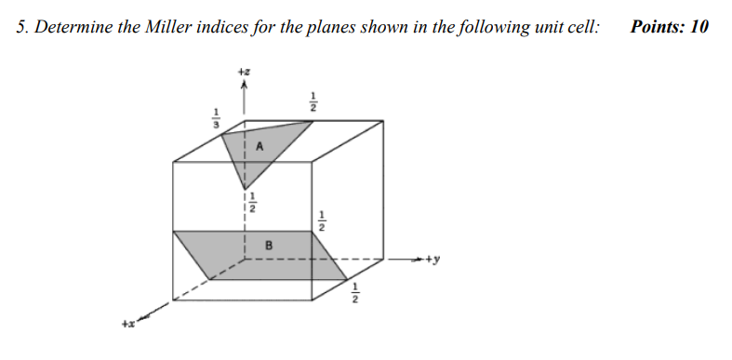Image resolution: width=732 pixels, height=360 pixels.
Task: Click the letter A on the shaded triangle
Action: coord(260,146)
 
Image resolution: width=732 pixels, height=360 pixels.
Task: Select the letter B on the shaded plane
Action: coord(269,246)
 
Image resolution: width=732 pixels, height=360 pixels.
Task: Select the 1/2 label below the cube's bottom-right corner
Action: coord(354,295)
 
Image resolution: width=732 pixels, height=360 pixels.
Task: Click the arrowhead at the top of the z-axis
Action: coord(245,84)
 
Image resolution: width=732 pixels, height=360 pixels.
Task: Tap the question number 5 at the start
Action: coord(20,26)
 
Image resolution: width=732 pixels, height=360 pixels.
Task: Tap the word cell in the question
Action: coord(582,26)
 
